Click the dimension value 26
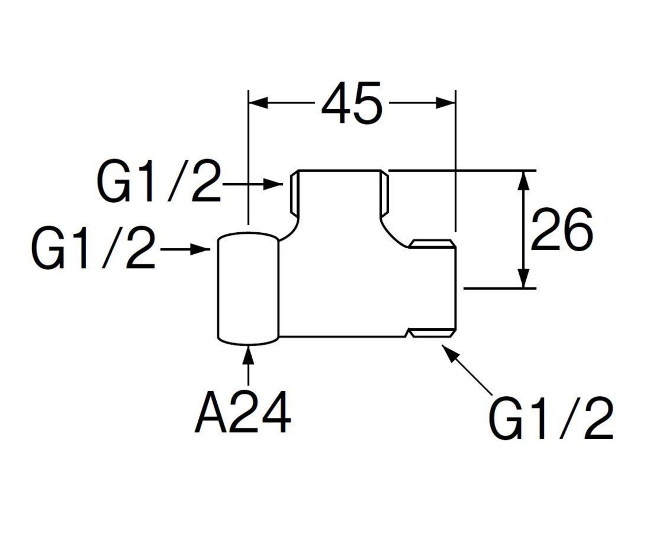[561, 230]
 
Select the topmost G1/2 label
[158, 183]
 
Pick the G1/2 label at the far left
[93, 250]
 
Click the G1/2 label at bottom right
[551, 419]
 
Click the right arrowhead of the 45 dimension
[445, 103]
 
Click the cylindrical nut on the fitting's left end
[249, 288]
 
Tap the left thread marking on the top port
[293, 194]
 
